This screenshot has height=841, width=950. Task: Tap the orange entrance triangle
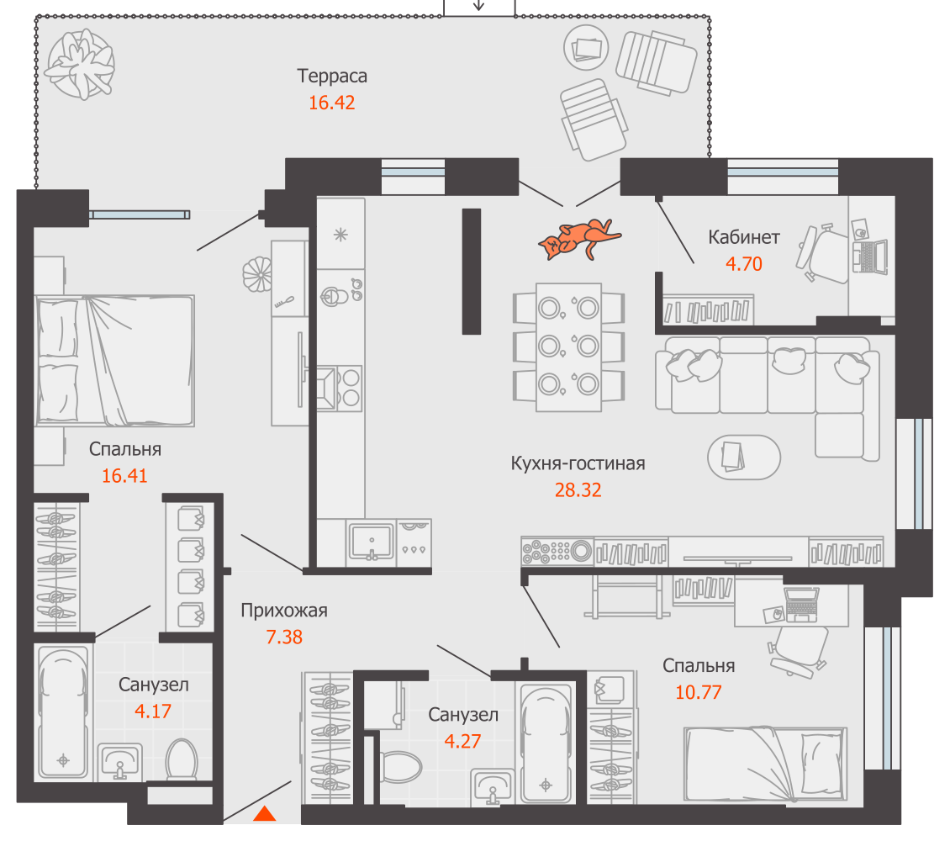[265, 814]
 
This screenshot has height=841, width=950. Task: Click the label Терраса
[332, 77]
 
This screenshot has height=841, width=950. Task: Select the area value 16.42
[332, 103]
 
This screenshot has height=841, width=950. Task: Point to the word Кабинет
[744, 237]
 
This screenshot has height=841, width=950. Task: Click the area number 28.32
[578, 490]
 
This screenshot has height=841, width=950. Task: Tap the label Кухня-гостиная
[578, 463]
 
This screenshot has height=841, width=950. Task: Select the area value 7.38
[284, 637]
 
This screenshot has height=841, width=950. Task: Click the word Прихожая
[284, 611]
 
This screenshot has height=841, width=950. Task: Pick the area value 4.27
[462, 742]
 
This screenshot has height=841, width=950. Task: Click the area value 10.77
[699, 692]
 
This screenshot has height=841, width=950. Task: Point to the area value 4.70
[744, 264]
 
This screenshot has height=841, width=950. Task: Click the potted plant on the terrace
[81, 64]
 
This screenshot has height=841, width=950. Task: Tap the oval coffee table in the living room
[744, 458]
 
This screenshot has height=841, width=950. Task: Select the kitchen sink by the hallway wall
[372, 542]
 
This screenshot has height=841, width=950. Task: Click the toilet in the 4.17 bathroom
[182, 759]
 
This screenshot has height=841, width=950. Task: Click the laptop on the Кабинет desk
[870, 257]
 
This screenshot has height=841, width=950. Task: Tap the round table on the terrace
[586, 48]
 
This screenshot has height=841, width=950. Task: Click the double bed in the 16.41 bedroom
[115, 361]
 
